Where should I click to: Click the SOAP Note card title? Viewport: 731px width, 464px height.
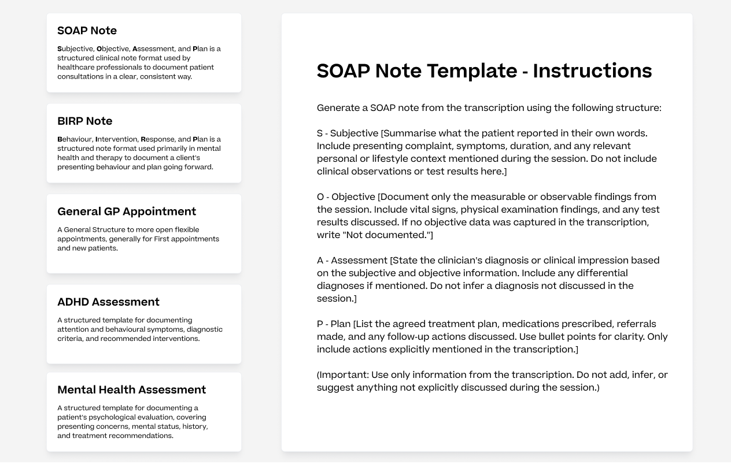coord(87,31)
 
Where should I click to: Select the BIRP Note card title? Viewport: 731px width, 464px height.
coord(85,121)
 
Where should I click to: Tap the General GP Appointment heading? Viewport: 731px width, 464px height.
coord(127,211)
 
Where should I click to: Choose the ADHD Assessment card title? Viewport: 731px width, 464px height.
coord(108,302)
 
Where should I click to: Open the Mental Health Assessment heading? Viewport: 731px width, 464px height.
coord(131,389)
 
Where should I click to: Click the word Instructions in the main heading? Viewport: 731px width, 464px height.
coord(592,70)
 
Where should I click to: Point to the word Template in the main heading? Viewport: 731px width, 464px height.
coord(472,72)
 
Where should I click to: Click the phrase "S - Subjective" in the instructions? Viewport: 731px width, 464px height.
coord(347,133)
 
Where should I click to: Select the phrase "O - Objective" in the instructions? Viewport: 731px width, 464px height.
coord(346,197)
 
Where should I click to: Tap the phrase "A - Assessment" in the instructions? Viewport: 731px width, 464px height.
coord(352,261)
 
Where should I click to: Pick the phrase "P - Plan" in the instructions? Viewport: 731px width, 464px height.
coord(334,324)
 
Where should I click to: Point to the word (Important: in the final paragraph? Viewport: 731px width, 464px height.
coord(342,375)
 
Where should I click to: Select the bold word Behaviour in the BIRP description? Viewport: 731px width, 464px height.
coord(75,139)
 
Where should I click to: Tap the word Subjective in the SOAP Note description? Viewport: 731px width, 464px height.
coord(76,49)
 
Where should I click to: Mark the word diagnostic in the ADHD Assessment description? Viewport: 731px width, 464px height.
coord(205,329)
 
